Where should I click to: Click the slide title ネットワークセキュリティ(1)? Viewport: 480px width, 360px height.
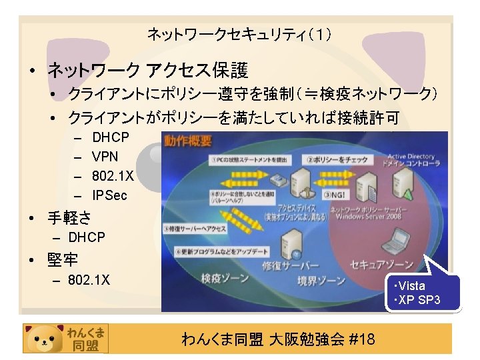(239, 33)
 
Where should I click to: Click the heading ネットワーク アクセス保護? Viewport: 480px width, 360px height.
(147, 69)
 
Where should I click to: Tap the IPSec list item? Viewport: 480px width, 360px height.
(109, 195)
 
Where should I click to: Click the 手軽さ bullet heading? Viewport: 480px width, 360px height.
(69, 217)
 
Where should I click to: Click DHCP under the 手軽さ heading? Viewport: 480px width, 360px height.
(87, 237)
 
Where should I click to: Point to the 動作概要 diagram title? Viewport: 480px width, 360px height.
(189, 141)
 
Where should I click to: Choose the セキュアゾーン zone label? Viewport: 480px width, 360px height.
(382, 264)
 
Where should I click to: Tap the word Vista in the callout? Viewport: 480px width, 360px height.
(413, 286)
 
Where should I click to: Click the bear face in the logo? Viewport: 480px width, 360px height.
(45, 338)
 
